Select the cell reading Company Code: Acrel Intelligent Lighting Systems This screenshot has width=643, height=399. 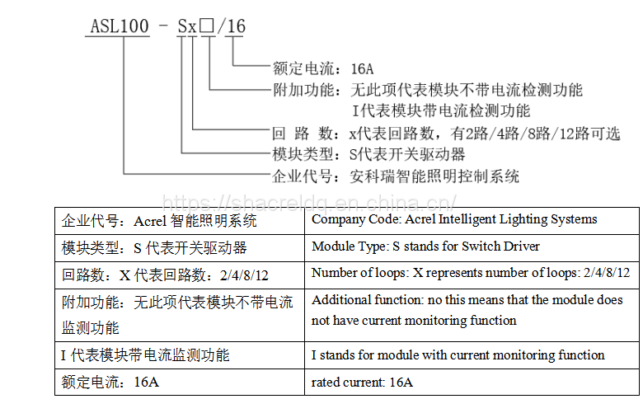coord(454,220)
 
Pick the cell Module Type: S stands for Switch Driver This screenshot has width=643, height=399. coord(426,246)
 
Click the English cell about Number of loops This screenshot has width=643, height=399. coord(471,273)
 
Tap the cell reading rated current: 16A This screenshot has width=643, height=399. coord(363,383)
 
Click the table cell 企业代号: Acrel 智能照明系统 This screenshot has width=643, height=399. coord(159,221)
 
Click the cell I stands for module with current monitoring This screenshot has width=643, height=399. coord(458,355)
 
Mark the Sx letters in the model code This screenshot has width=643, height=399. coord(188,26)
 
